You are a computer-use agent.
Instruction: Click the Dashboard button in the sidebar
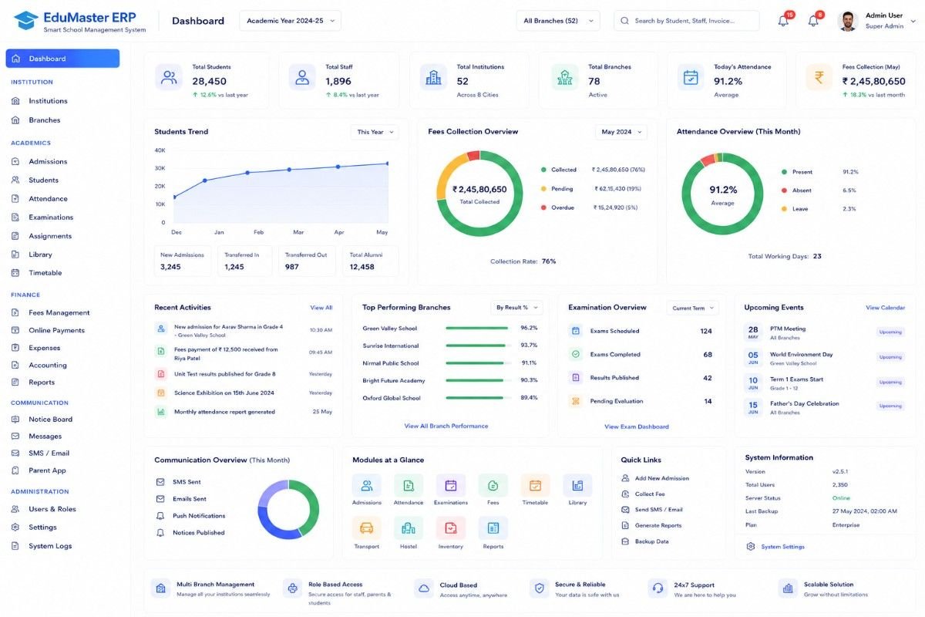point(62,59)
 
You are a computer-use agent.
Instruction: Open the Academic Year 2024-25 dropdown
point(290,21)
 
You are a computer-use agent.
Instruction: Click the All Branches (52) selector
point(558,21)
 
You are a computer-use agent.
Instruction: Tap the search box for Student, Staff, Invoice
point(686,21)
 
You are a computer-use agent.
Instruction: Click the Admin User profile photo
point(848,21)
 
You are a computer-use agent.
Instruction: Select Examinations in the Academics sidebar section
point(51,217)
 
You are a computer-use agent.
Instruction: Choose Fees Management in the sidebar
point(59,313)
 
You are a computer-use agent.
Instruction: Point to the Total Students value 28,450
point(209,82)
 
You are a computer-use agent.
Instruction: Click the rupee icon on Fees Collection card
point(819,77)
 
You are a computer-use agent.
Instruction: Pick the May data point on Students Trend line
point(387,164)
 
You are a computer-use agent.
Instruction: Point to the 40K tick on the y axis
point(160,150)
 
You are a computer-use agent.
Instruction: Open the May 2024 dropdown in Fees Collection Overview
point(621,132)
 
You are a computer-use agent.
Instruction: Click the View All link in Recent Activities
point(321,308)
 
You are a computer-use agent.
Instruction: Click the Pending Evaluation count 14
point(708,401)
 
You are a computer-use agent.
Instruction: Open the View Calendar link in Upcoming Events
point(885,308)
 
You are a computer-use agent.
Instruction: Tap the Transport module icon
point(366,528)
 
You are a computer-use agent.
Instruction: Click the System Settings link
point(782,547)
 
